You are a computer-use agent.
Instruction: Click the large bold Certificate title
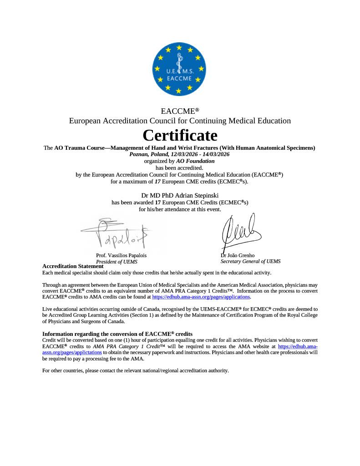[x=180, y=135]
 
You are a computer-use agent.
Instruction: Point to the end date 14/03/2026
[x=215, y=154]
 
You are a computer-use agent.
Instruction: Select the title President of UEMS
[x=117, y=262]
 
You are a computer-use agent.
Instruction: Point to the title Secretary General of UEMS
[x=250, y=261]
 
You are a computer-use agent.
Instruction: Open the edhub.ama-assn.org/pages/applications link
[x=201, y=297]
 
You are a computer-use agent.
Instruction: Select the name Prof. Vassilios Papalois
[x=121, y=255]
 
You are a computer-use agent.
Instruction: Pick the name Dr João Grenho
[x=238, y=255]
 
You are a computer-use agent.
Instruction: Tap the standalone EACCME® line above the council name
[x=180, y=111]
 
